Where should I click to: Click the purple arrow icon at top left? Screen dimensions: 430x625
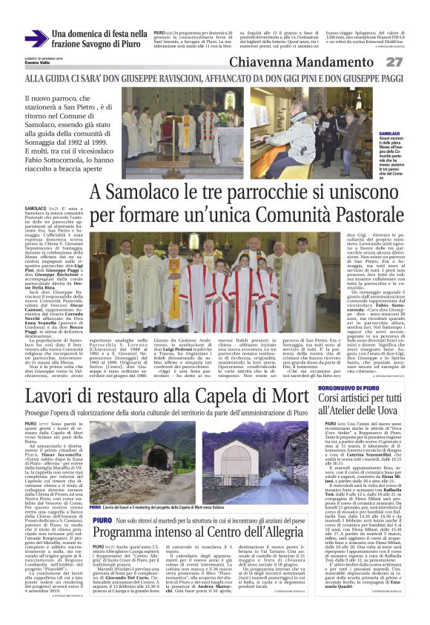pyautogui.click(x=36, y=38)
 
